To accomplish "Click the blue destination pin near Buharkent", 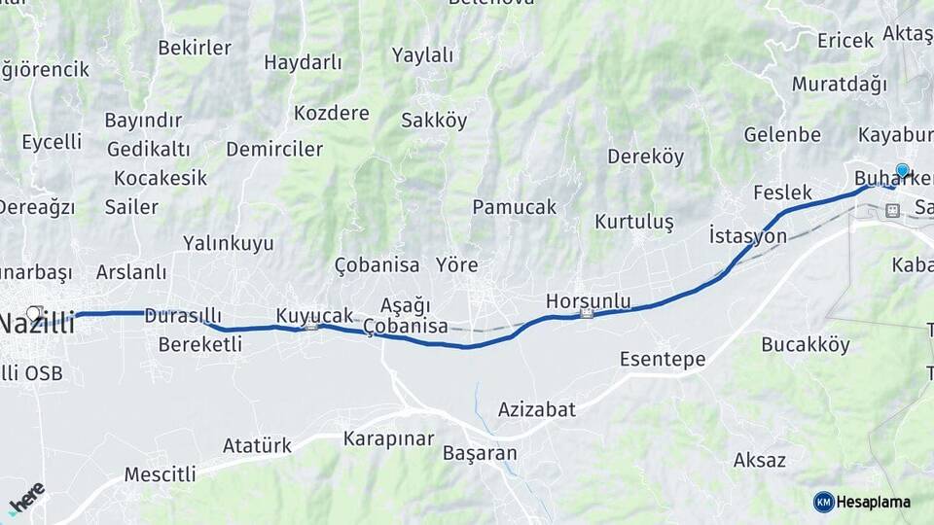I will point(902,172).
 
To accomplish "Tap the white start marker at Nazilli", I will point(34,313).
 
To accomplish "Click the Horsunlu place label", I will point(588,300).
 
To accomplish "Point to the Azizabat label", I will point(536,409).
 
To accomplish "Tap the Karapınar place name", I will point(388,438).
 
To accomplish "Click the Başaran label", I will point(480,453).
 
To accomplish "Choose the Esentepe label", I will point(663,360).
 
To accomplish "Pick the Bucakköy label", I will point(806,344).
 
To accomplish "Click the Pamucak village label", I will point(514,207).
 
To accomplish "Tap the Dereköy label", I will point(645,157).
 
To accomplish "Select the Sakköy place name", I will point(434,122).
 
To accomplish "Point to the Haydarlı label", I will point(303,63).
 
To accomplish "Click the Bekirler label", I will point(195,48).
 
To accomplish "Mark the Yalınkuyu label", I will point(229,243).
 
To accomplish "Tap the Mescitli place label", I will point(160,474).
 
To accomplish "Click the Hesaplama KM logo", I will point(862,502).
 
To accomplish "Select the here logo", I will point(26,498).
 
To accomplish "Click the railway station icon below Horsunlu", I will point(586,314).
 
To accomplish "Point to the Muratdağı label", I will point(839,84).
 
